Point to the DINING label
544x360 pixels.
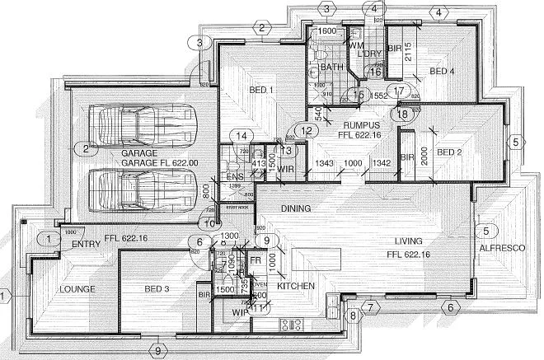(x=294, y=209)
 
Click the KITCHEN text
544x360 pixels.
(x=298, y=285)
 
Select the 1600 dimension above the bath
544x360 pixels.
(x=326, y=30)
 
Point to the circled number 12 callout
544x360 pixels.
(x=306, y=130)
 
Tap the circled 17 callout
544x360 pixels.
(x=399, y=91)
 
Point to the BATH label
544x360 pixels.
(x=331, y=67)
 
